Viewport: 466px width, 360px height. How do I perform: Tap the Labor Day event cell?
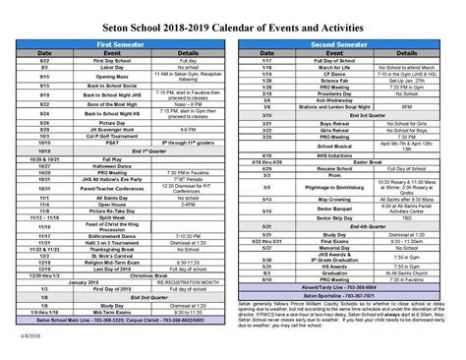(92, 68)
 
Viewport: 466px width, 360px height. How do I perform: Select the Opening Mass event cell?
(92, 76)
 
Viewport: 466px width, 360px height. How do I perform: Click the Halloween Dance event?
(92, 166)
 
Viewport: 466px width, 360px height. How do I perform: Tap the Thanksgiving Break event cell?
(92, 249)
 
